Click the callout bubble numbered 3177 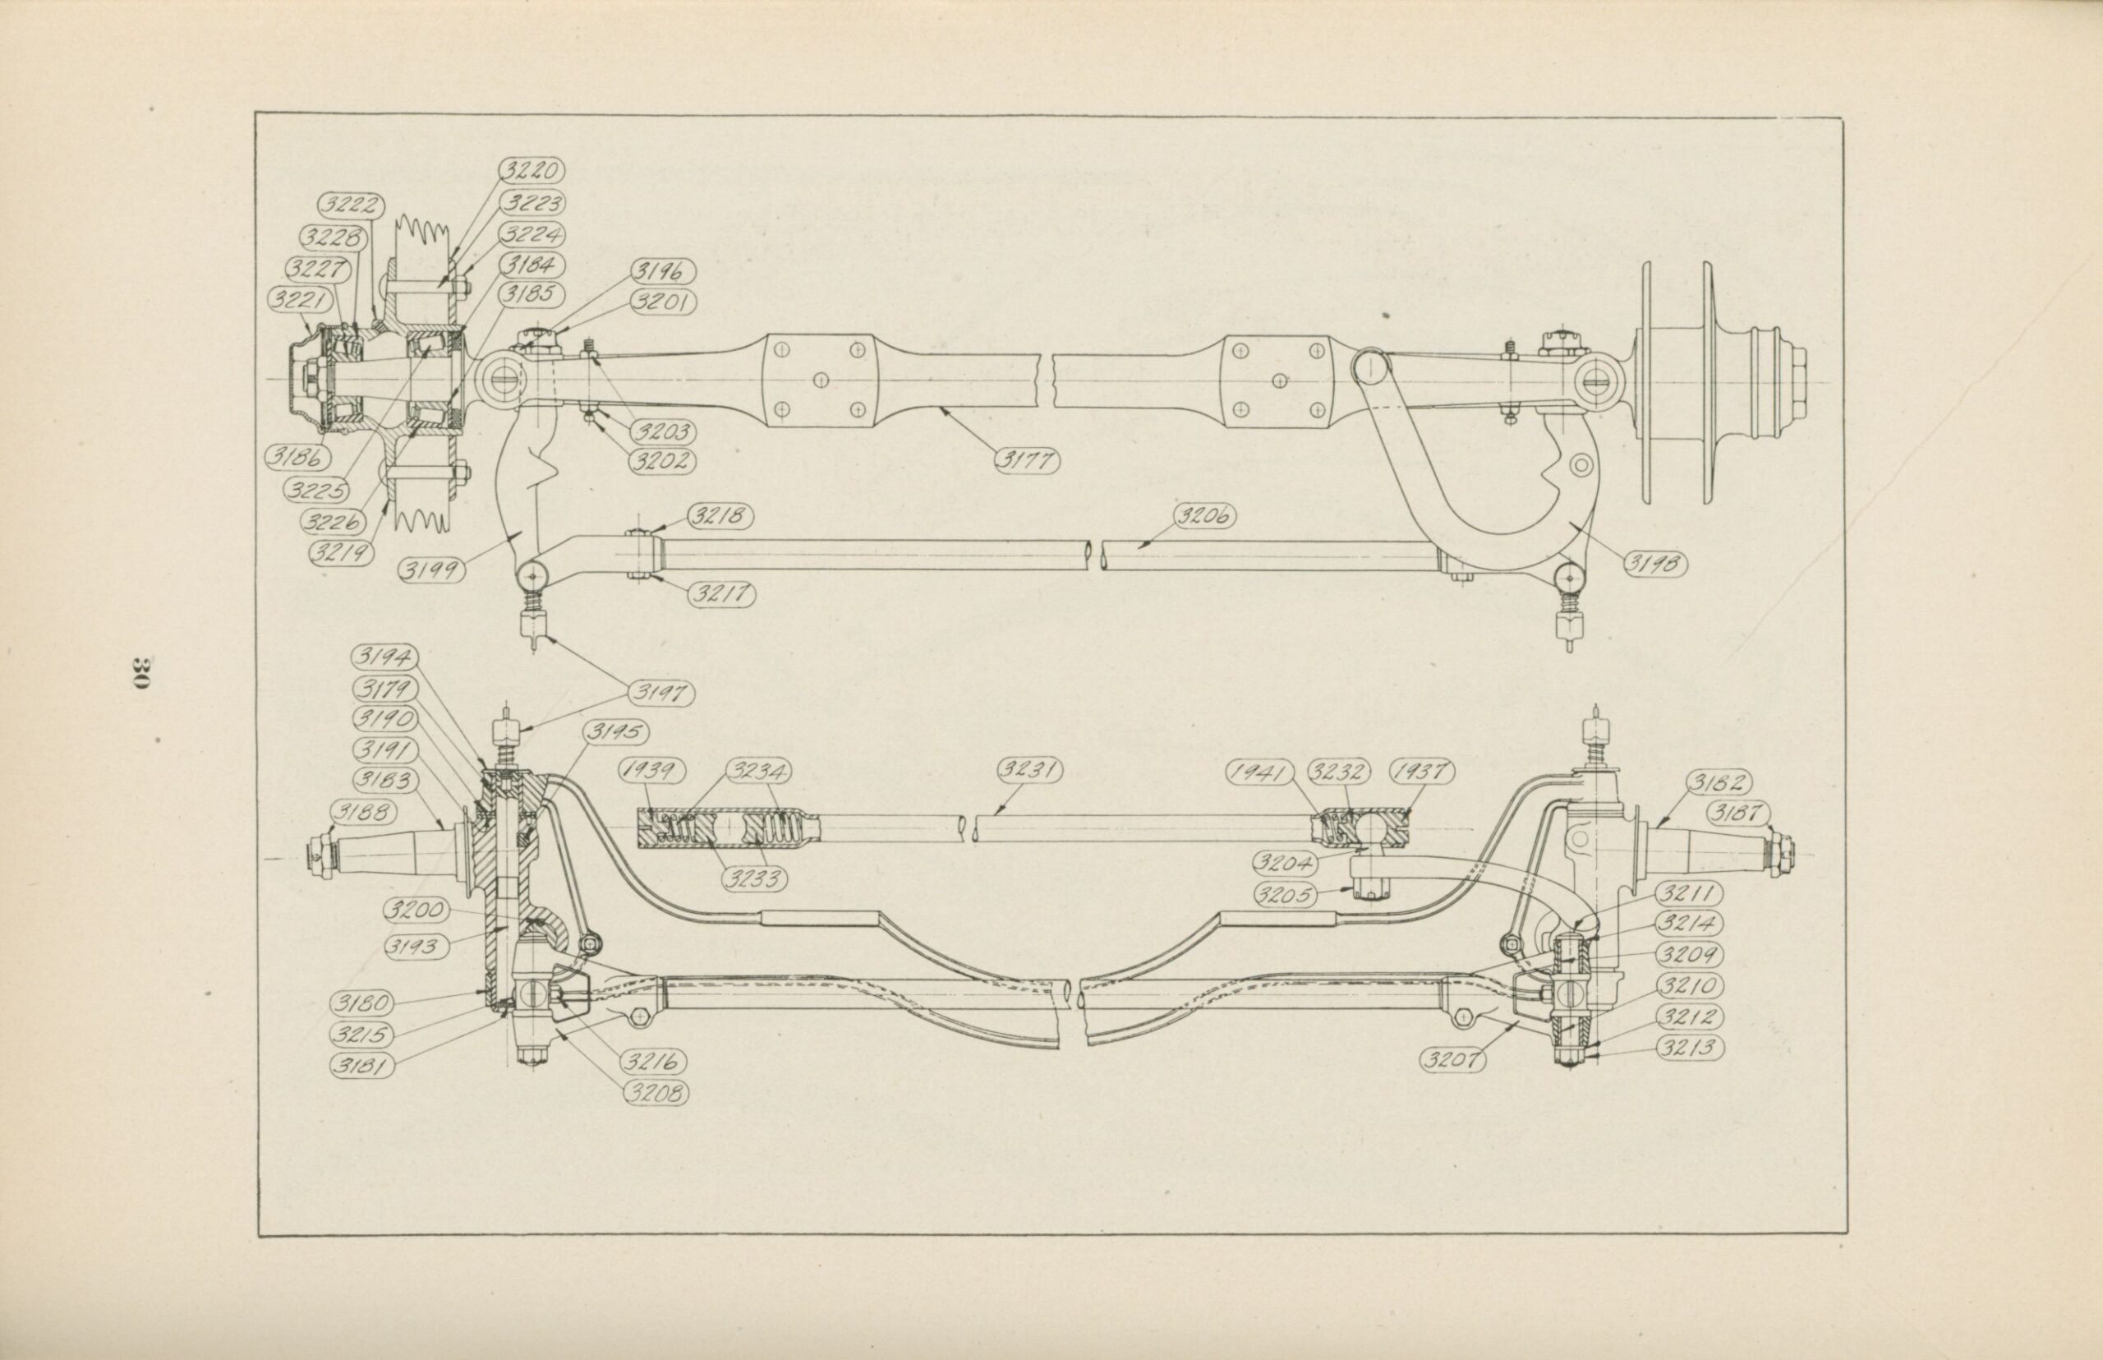(x=1026, y=460)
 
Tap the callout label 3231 (x=1030, y=770)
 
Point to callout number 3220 (x=532, y=170)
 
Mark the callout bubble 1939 (x=652, y=771)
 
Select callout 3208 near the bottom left (x=656, y=1093)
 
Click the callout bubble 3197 (x=660, y=694)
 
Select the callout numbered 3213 (x=1690, y=1049)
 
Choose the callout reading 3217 (x=722, y=595)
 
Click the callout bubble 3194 (x=384, y=658)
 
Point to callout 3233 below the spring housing (x=755, y=878)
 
